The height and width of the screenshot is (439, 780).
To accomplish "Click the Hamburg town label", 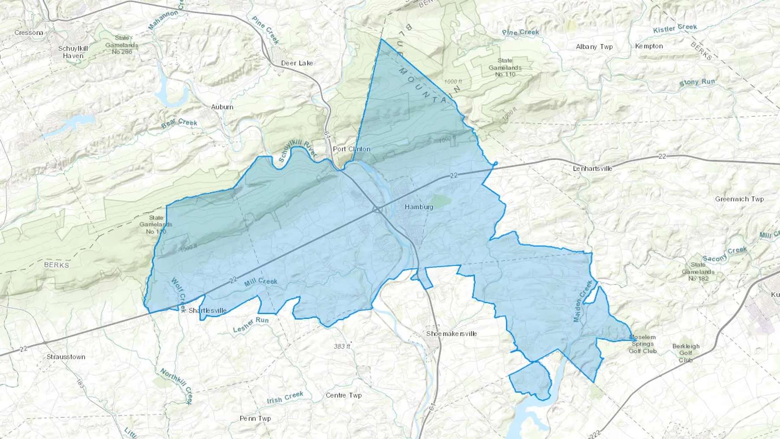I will coord(419,207).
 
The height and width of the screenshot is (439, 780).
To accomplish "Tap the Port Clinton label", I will coord(351,149).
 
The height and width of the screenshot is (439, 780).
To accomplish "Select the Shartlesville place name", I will coord(207,311).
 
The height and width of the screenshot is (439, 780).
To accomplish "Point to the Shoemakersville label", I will coord(451,334).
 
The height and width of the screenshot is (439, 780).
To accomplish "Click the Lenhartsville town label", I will coord(592,169).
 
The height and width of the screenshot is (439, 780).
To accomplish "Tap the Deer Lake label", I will coord(297,63).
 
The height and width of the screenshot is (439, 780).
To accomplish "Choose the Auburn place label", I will coord(222,107).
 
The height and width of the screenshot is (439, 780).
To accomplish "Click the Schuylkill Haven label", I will coord(73,52).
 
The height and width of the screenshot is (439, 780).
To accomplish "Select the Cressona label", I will coord(29,33).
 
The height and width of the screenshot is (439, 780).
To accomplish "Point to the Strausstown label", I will coord(66,357).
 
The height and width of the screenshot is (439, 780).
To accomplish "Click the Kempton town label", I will coord(649,46).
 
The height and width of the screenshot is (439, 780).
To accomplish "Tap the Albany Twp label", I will coord(594,47).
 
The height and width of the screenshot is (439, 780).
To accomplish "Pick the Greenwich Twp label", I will coord(739,199).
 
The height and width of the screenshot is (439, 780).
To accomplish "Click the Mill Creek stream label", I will coord(260,282).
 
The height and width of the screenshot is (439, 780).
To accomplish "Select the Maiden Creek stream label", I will coord(583,301).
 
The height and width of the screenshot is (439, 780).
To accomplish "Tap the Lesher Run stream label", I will coord(250,325).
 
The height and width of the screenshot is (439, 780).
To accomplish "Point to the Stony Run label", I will coord(697,82).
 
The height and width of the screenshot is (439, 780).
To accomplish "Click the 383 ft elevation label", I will coord(342,347).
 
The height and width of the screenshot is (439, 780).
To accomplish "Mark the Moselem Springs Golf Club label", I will coord(643,344).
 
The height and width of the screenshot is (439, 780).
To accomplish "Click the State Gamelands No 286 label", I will coord(122,45).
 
